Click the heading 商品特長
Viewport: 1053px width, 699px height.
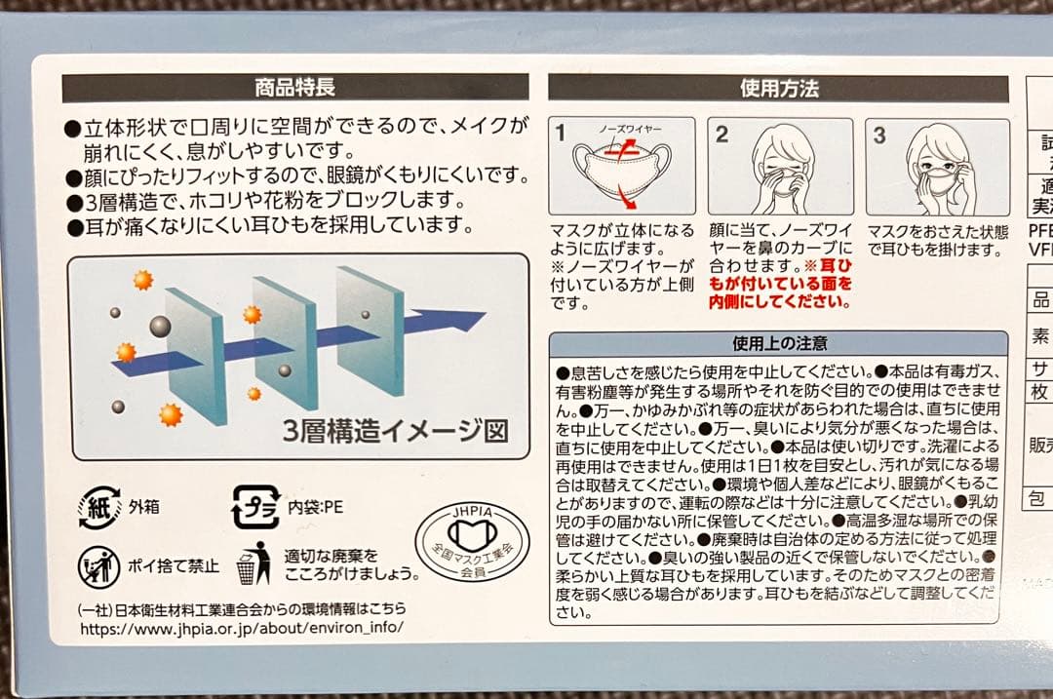pyautogui.click(x=294, y=88)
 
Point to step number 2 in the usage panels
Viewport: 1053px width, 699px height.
pyautogui.click(x=721, y=135)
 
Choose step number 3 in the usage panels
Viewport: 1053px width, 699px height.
pyautogui.click(x=878, y=135)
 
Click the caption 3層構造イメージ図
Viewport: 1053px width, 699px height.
pyautogui.click(x=397, y=430)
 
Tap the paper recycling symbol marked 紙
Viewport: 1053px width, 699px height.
pyautogui.click(x=99, y=507)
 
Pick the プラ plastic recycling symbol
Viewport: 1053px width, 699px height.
pyautogui.click(x=254, y=507)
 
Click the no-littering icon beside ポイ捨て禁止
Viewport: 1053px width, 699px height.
pyautogui.click(x=99, y=565)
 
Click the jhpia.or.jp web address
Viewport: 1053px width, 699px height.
pyautogui.click(x=240, y=629)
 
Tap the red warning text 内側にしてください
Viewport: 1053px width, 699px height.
pyautogui.click(x=788, y=302)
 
